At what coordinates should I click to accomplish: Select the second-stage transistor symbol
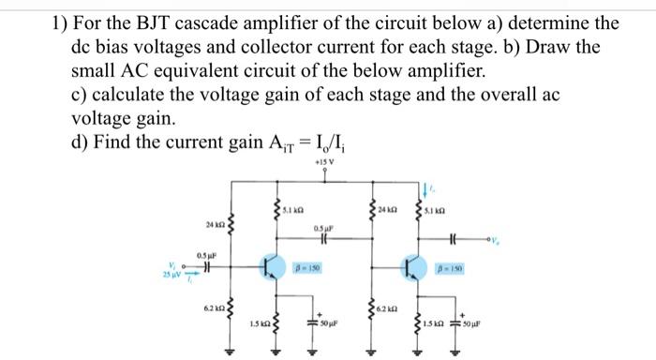coord(410,267)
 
